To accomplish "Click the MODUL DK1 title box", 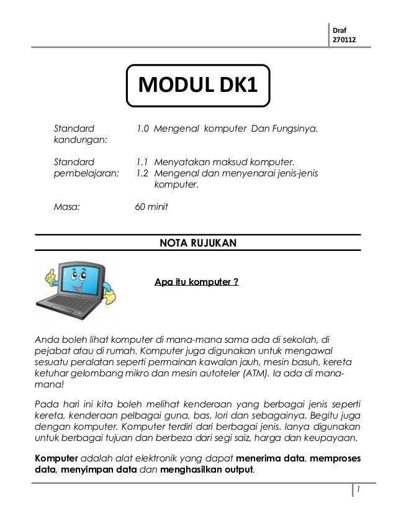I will (199, 85).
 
